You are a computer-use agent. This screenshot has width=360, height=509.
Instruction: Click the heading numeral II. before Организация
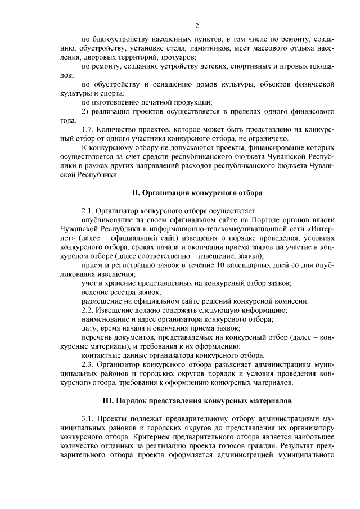coord(136,193)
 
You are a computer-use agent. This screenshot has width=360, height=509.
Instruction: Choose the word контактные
coord(102,354)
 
